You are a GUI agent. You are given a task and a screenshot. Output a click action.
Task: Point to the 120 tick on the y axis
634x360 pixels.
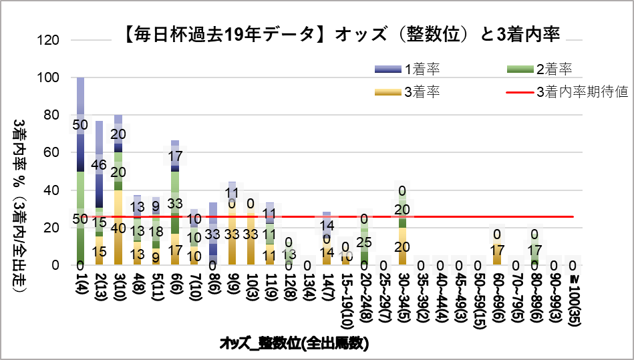pos(51,40)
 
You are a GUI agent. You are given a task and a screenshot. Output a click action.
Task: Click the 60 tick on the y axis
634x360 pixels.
pos(55,152)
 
